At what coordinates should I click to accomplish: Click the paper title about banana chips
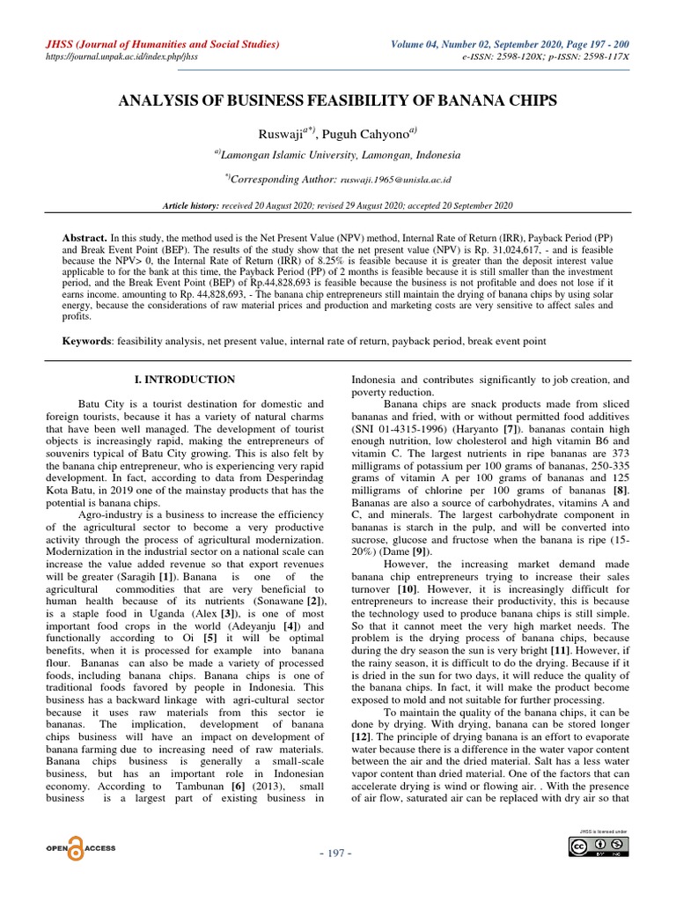click(x=338, y=101)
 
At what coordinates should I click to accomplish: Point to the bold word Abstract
click(x=84, y=238)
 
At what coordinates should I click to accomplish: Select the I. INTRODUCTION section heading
click(x=184, y=380)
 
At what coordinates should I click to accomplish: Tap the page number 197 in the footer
click(x=338, y=854)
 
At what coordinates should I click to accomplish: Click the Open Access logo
click(x=80, y=847)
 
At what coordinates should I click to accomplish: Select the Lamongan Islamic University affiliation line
click(x=338, y=155)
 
